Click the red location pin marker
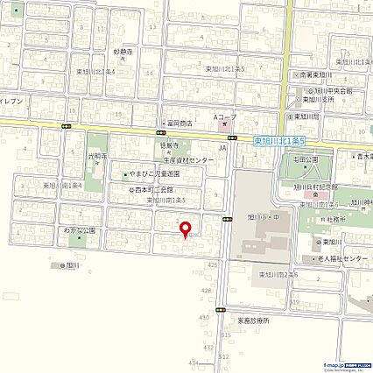(185, 229)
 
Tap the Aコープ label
(226, 116)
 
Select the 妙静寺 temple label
(122, 51)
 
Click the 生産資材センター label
(187, 161)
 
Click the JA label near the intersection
(222, 150)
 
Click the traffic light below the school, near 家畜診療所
(224, 310)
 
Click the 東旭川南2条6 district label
(278, 275)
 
